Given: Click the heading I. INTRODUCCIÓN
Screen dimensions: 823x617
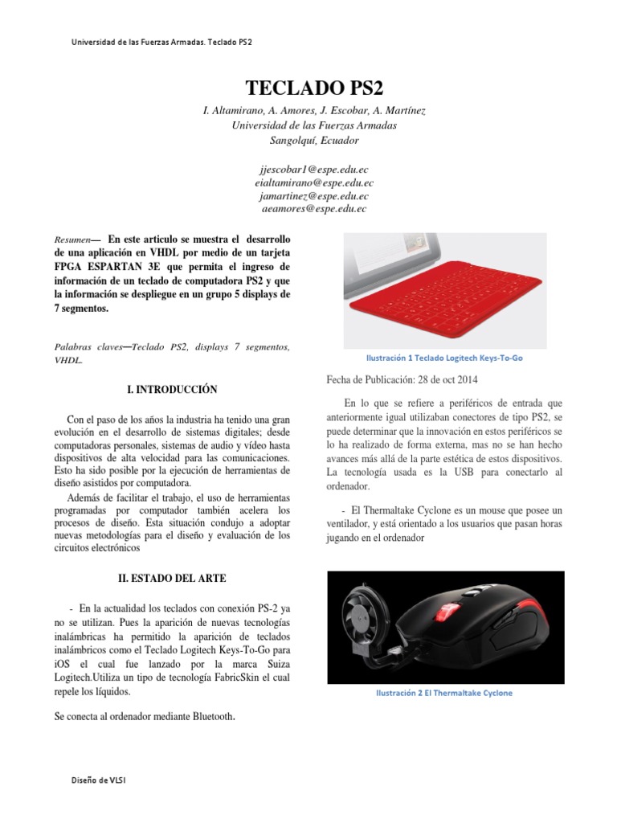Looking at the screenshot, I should point(173,390).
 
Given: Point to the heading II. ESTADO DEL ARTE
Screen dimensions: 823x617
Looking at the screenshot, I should point(173,577).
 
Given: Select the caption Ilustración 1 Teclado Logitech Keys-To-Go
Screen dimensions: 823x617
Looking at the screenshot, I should point(444,358).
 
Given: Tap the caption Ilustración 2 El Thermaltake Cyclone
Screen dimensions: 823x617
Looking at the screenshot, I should point(444,693).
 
